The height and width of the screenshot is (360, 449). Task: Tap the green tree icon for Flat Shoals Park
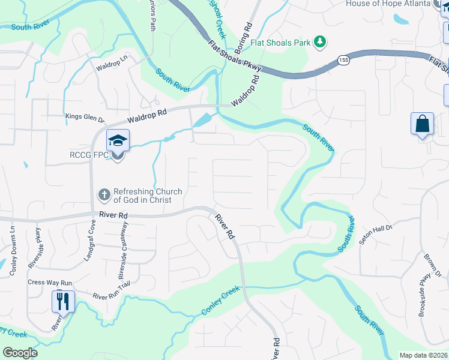click(321, 41)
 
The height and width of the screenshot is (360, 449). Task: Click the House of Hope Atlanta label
click(388, 4)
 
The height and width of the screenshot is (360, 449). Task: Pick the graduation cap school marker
click(118, 142)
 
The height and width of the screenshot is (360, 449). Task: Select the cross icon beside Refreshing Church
click(104, 194)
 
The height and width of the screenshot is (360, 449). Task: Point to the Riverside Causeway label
click(123, 250)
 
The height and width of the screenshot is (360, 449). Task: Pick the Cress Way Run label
click(50, 283)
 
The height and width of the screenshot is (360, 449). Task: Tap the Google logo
click(20, 353)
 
